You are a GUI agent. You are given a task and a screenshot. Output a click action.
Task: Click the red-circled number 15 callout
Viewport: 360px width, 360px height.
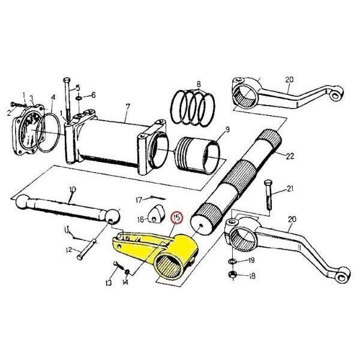point(177,217)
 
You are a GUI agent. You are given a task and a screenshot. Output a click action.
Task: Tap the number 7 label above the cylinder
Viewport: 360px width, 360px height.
point(128,107)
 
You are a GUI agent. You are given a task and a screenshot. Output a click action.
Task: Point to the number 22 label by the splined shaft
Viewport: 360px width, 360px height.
point(290,156)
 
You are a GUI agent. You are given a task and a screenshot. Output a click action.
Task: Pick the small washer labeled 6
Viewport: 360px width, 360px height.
point(79,98)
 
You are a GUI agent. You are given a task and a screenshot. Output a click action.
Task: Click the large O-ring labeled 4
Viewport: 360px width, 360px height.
point(48,133)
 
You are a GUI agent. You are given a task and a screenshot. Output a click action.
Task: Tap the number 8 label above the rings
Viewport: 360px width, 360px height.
point(199,84)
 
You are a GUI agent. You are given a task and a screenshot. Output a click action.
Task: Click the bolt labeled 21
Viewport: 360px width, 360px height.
point(268,195)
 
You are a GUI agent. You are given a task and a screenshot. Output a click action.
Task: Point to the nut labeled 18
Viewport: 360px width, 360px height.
point(233,274)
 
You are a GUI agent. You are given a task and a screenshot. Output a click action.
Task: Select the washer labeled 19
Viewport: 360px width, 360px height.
point(233,261)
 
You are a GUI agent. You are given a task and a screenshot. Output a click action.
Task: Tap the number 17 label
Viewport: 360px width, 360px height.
point(139,200)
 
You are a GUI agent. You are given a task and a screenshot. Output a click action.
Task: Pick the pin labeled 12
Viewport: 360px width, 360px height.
point(88,250)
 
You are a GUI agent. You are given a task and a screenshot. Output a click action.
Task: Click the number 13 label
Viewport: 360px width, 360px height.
point(109,283)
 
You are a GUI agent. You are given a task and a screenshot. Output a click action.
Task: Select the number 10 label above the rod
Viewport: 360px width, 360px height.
point(73,190)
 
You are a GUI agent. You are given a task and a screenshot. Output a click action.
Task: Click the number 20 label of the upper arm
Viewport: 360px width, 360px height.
point(289,80)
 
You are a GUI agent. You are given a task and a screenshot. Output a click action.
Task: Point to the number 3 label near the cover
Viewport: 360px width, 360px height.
point(31,99)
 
